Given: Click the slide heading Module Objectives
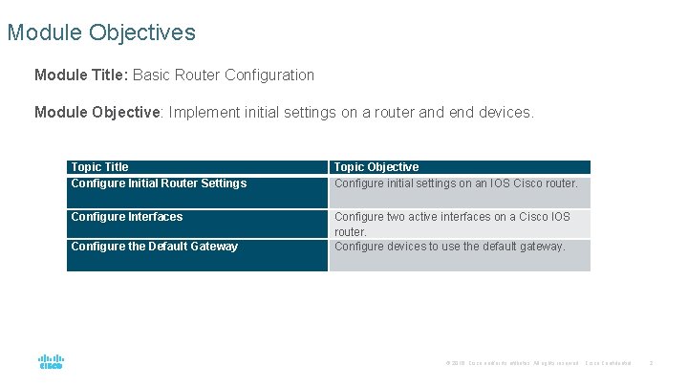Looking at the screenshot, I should [101, 32].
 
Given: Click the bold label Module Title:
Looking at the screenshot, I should [82, 75].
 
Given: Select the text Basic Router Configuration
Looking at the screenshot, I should [224, 75].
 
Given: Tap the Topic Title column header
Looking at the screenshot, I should [99, 167].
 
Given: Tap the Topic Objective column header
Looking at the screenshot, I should [376, 167].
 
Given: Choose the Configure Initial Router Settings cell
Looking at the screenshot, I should [159, 183].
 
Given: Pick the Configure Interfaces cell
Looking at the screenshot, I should [127, 217].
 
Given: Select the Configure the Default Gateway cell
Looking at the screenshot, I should [155, 247].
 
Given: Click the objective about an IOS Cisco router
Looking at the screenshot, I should [456, 183].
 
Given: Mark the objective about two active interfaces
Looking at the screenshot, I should [452, 224].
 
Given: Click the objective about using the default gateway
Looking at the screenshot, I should [450, 247].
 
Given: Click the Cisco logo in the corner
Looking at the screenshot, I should [52, 362].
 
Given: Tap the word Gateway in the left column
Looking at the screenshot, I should [213, 247].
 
